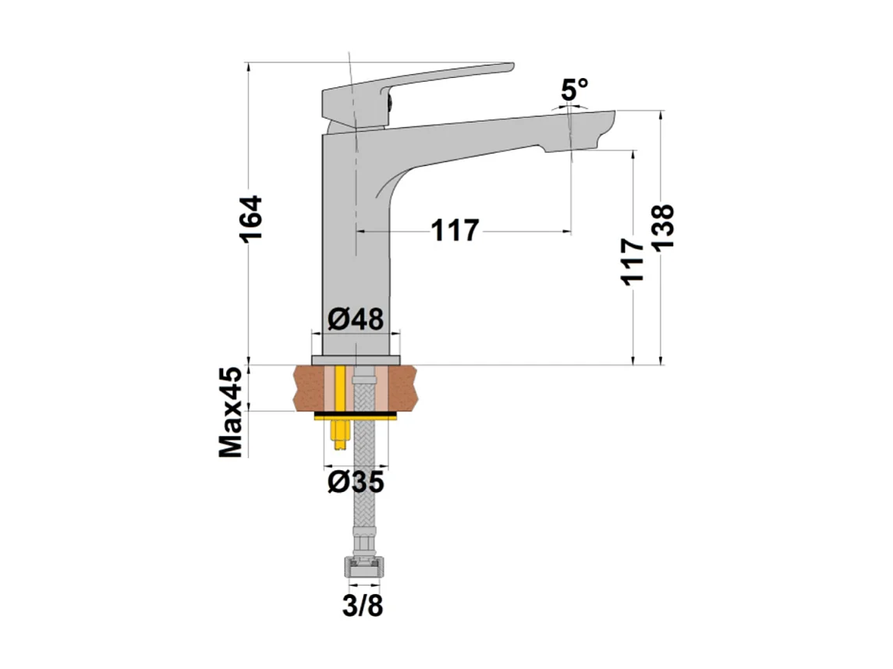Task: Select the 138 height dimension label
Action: [662, 228]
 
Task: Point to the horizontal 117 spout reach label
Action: [455, 231]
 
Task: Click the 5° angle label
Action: [574, 90]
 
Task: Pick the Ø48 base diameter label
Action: [356, 320]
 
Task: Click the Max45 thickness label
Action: [232, 412]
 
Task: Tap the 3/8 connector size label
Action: [363, 606]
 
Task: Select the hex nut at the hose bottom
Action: [363, 567]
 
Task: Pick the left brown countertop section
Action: [310, 388]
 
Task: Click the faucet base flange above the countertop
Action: [356, 359]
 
